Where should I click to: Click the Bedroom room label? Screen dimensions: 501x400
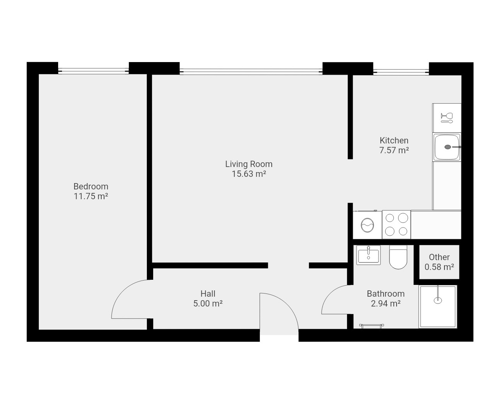[x=91, y=187]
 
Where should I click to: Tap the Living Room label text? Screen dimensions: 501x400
[x=249, y=164]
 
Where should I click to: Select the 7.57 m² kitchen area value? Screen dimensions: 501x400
[x=394, y=150]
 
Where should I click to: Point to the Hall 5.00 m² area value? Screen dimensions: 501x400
[x=208, y=304]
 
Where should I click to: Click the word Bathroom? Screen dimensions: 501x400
[x=386, y=294]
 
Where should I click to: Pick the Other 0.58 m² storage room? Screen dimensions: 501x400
[x=439, y=262]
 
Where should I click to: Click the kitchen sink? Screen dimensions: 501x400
[x=447, y=147]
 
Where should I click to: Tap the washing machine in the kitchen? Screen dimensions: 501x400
[x=368, y=225]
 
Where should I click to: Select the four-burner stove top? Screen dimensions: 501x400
[x=396, y=225]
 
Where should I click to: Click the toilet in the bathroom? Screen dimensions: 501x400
[x=398, y=257]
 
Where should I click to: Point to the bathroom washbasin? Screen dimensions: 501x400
[x=368, y=255]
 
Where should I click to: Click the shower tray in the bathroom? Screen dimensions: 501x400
[x=438, y=306]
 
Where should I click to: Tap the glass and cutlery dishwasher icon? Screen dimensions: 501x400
[x=447, y=118]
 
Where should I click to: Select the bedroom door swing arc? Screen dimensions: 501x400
[x=122, y=291]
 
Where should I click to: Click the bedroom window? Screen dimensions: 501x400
[x=93, y=71]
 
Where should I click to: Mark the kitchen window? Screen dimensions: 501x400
[x=401, y=72]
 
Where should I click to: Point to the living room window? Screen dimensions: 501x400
[x=251, y=71]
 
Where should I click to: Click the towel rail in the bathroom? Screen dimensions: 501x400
[x=371, y=326]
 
